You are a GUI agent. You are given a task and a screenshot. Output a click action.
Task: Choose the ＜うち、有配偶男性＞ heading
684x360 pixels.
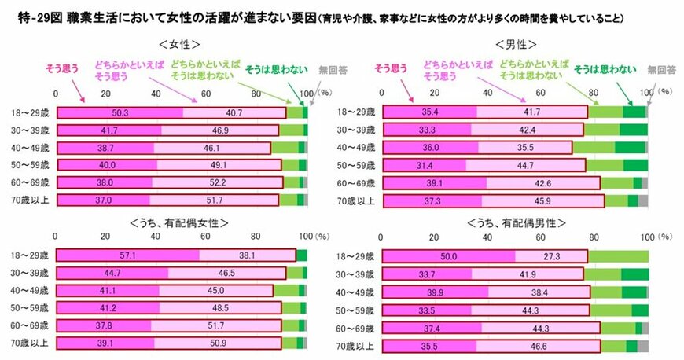[x=510, y=224]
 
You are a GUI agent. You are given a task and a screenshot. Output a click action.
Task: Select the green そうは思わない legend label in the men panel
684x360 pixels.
[x=605, y=70]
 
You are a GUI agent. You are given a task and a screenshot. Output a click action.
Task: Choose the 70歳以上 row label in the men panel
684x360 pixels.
[x=356, y=200]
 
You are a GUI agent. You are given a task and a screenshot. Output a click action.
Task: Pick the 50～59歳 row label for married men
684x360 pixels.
[x=356, y=310]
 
